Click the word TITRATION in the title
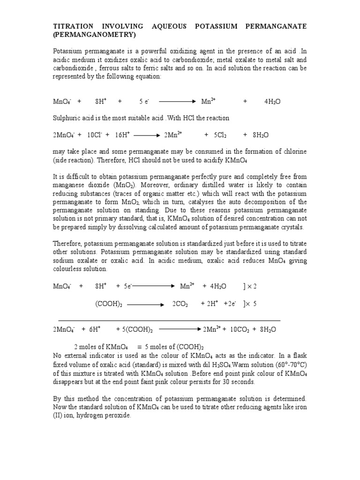(72, 26)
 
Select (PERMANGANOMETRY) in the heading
(94, 35)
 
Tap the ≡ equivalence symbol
(139, 347)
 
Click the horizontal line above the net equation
(169, 320)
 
